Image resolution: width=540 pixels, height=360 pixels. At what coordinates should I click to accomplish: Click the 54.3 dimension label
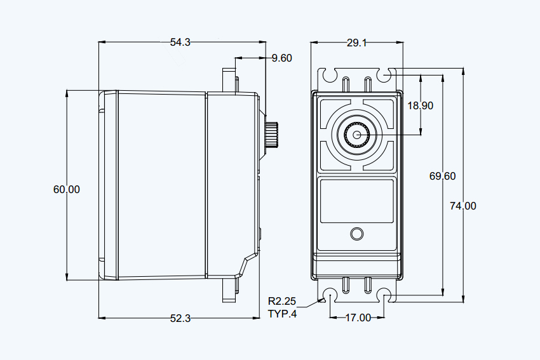(180, 43)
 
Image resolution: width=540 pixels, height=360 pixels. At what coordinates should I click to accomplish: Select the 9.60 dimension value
(281, 58)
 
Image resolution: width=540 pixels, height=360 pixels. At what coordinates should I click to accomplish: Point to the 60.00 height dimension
(67, 189)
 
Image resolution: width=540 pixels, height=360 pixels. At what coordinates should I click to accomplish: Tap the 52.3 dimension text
(180, 318)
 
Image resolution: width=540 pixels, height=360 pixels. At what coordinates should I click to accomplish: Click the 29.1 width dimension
(357, 43)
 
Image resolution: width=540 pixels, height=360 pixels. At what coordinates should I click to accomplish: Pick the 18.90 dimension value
(420, 105)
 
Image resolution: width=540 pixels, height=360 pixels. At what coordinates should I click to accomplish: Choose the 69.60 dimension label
(442, 177)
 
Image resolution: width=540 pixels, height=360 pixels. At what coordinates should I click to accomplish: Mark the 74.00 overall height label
(463, 206)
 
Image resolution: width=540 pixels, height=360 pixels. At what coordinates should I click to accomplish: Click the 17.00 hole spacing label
(358, 317)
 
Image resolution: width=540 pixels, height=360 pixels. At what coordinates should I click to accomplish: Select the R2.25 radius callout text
(282, 301)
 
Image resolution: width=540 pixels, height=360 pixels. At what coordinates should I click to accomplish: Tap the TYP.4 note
(282, 314)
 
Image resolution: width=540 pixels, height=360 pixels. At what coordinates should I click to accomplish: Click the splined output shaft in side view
(272, 134)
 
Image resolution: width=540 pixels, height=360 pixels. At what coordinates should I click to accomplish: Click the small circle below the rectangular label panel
(357, 234)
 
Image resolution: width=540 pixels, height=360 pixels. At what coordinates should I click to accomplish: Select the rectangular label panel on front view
(357, 201)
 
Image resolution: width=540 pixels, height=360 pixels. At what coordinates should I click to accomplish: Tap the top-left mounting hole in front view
(330, 75)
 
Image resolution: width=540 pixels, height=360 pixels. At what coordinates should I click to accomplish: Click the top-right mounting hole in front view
(384, 75)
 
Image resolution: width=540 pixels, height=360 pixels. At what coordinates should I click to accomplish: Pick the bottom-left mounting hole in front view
(330, 295)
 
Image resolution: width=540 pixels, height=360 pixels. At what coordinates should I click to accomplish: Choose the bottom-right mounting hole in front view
(384, 295)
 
